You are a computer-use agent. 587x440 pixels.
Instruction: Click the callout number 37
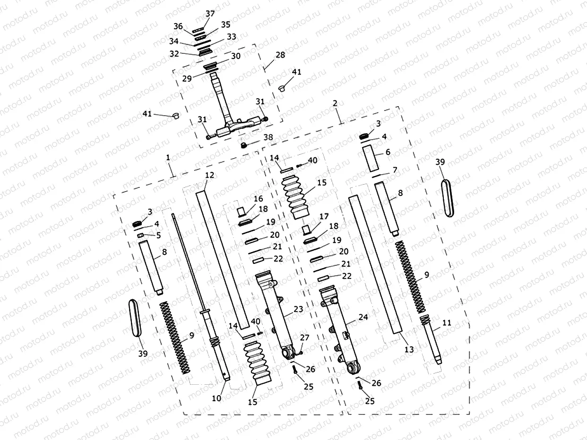(210, 13)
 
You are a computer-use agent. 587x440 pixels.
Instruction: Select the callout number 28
(280, 55)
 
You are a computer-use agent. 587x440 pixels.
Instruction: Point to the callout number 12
(210, 175)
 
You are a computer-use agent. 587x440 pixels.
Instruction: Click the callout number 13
(409, 349)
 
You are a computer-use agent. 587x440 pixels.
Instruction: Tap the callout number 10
(216, 398)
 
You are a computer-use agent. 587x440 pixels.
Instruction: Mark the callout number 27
(305, 338)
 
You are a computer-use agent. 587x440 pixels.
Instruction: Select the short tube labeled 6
(371, 159)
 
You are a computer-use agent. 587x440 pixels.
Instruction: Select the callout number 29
(187, 78)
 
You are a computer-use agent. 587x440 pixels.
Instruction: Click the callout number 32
(174, 54)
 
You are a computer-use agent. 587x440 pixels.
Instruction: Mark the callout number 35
(225, 24)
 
